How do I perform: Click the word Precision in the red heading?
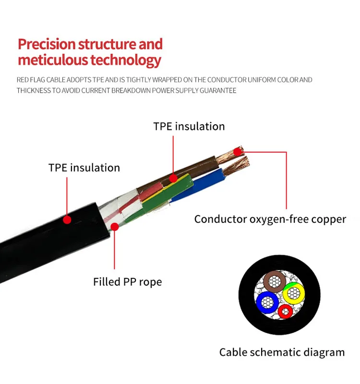47,45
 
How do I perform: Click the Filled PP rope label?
127,282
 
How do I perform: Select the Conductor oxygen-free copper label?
270,219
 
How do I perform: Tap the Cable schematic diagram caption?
282,352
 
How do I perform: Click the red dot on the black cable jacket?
67,219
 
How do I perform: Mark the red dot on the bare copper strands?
237,152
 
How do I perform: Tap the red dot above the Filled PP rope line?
114,227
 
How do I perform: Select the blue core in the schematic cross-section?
266,302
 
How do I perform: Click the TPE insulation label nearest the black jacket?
84,168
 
